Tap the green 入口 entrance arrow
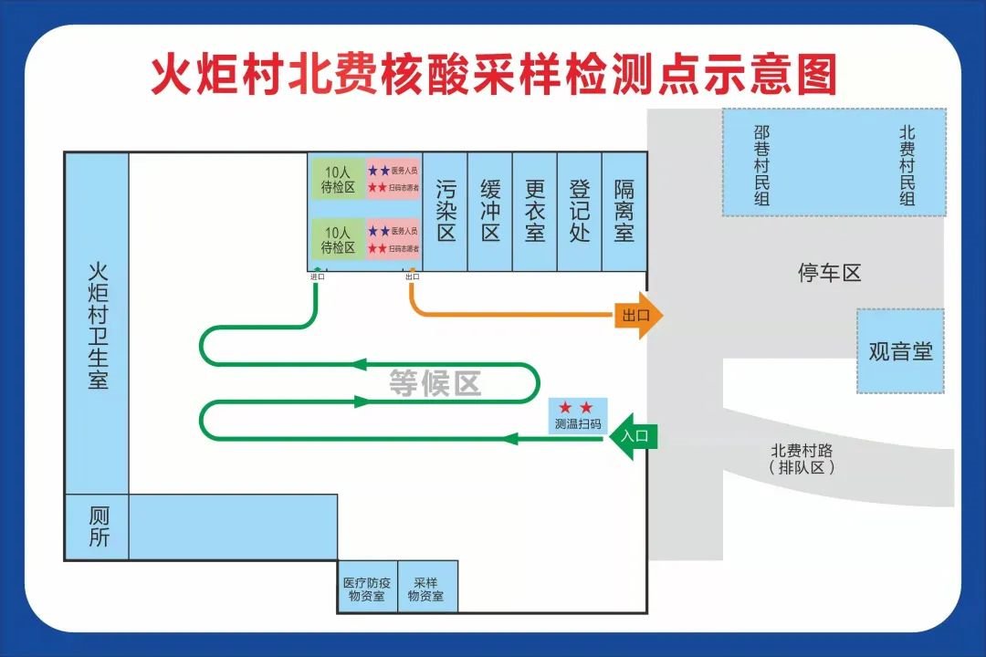tap(632, 436)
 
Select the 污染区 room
tap(446, 211)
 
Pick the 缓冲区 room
tap(490, 211)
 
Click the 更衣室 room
tap(535, 211)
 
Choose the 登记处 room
tap(580, 211)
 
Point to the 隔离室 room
tap(624, 211)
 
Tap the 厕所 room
tap(97, 527)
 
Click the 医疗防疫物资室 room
tap(367, 589)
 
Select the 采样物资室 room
tap(426, 589)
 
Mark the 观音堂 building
tap(900, 350)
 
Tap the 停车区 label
tap(829, 273)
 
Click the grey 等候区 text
tap(435, 383)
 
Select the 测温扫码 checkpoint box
tap(578, 416)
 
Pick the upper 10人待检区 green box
tap(337, 179)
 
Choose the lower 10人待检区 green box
tap(337, 240)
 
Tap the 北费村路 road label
tap(802, 458)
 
